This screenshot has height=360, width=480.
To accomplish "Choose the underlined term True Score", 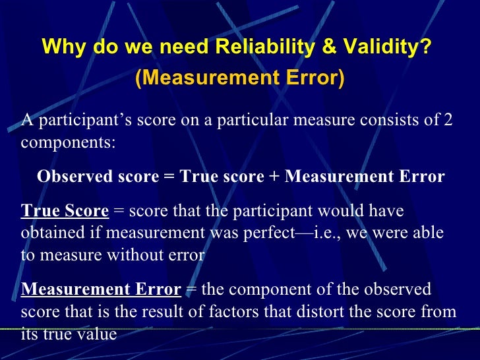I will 65,211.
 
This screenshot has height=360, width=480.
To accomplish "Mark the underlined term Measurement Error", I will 100,290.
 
